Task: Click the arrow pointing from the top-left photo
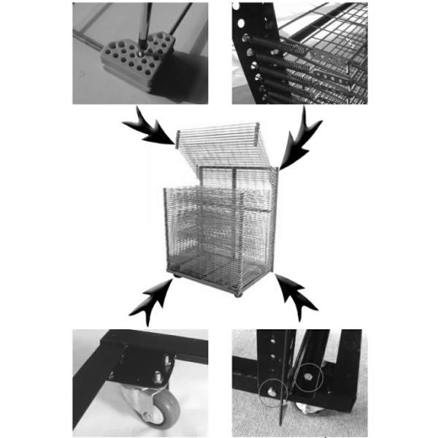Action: tap(150, 128)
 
